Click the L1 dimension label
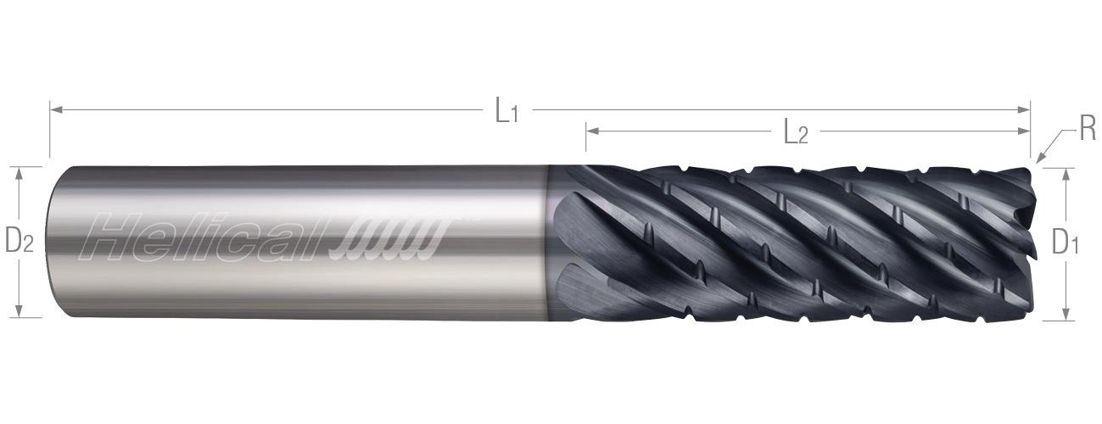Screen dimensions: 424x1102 click(x=506, y=111)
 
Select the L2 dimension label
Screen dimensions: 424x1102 click(x=794, y=132)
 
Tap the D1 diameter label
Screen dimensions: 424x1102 click(x=1065, y=243)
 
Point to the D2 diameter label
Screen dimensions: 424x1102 click(x=19, y=242)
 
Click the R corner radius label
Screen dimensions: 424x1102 click(x=1087, y=130)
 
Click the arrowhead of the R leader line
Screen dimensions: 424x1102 click(x=1038, y=157)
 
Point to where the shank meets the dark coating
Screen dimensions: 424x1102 click(x=548, y=242)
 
